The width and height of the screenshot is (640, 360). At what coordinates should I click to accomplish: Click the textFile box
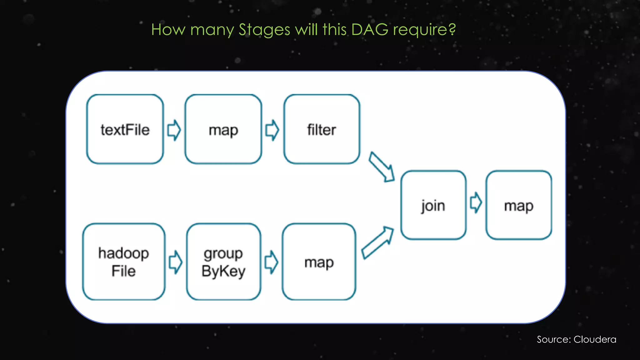pos(125,129)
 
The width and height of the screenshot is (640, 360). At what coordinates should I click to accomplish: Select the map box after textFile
pos(223,129)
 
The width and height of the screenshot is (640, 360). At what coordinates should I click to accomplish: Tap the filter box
pos(322,129)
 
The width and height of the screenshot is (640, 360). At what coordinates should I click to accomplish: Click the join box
pos(433,205)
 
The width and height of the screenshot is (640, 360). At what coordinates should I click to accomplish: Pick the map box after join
pos(518,205)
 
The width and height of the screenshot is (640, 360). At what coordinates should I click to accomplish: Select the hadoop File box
pos(124,262)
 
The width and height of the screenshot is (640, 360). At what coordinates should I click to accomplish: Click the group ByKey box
pos(223,262)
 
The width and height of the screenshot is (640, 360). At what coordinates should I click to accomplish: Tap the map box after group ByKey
pos(319,262)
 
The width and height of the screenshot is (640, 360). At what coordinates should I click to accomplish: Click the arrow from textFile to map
pos(174,130)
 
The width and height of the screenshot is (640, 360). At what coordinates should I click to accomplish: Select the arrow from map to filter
pos(272,130)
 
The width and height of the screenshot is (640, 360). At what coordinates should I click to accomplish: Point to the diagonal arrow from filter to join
pos(381,167)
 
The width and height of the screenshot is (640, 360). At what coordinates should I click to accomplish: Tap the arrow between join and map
pos(476,202)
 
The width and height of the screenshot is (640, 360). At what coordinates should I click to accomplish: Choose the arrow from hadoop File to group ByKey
pos(176,262)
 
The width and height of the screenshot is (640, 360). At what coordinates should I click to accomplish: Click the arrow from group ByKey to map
pos(271,262)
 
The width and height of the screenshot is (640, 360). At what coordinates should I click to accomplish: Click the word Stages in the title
pos(264,30)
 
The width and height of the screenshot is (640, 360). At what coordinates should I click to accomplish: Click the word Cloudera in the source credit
pos(595,339)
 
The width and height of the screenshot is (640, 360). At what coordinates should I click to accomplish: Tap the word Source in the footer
pos(554,339)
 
